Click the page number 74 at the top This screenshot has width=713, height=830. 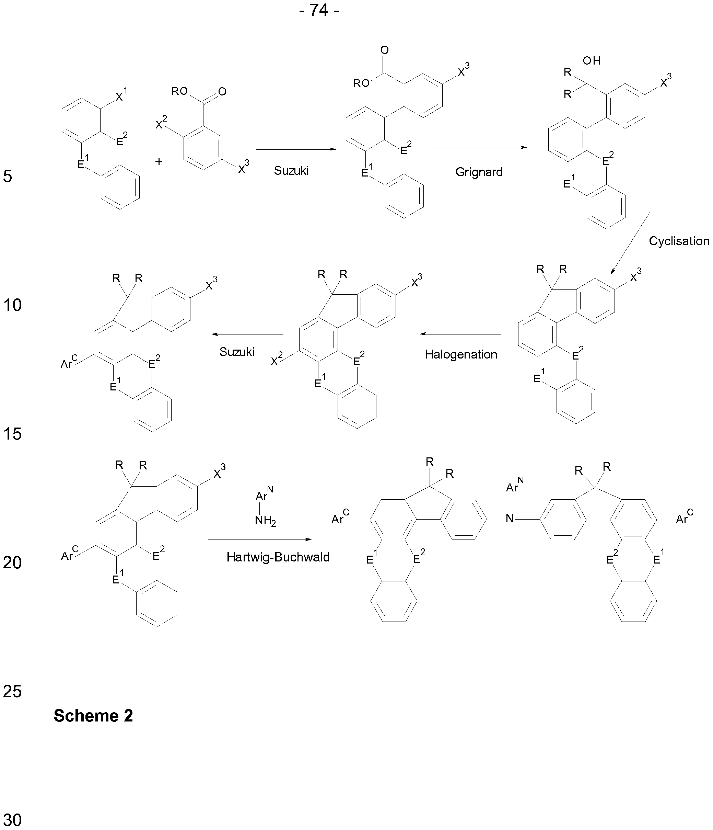[x=319, y=10]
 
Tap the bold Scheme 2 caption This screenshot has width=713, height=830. [x=93, y=715]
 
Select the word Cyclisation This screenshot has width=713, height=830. [x=679, y=241]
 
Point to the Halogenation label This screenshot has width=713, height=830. [x=461, y=354]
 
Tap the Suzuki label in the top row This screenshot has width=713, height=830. [x=291, y=171]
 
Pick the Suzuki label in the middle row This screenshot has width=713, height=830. [x=237, y=352]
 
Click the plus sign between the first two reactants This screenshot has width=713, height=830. [x=159, y=162]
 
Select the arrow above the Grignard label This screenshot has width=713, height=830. [x=477, y=148]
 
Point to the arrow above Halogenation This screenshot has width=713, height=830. [x=460, y=334]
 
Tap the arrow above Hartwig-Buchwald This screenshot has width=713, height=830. [x=259, y=539]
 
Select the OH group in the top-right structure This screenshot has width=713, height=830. [x=591, y=60]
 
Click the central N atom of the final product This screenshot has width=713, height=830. [x=509, y=519]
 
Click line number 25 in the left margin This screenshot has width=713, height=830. [x=12, y=691]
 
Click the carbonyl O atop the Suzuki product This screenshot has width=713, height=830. [x=384, y=50]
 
